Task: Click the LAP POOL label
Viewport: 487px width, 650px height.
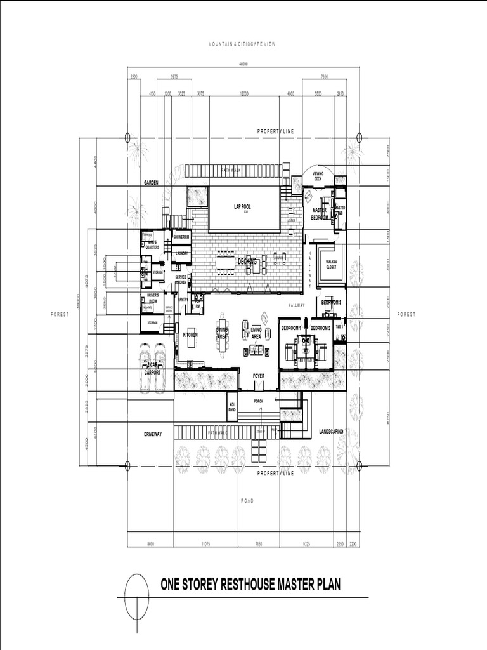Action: (x=243, y=206)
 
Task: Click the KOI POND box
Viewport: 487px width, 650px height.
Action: (x=232, y=406)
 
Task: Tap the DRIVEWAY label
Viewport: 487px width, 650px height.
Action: (x=153, y=434)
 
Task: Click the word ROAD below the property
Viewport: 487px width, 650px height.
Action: (x=247, y=501)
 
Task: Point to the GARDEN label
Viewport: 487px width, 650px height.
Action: (x=150, y=182)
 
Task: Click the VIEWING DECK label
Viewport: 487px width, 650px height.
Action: (x=318, y=176)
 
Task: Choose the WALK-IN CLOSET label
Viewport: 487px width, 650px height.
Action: (x=331, y=265)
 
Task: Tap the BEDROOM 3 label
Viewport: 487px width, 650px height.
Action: (x=332, y=303)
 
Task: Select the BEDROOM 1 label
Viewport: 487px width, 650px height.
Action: (x=291, y=328)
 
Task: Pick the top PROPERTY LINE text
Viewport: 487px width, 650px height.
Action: (x=275, y=131)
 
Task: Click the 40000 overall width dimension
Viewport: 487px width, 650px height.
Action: (x=243, y=64)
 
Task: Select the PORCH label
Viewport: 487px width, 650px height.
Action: (x=258, y=401)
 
